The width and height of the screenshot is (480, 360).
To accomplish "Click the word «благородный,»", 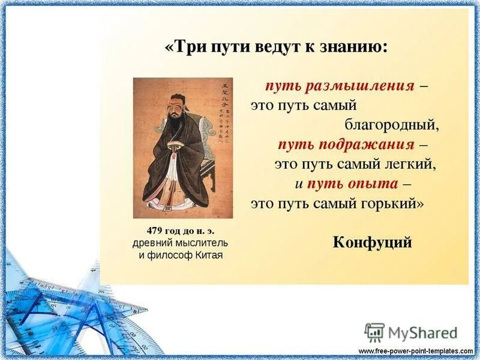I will [x=392, y=125].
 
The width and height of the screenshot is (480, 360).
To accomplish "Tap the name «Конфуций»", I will [x=372, y=242].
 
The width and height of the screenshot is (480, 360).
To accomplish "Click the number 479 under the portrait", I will [x=157, y=231].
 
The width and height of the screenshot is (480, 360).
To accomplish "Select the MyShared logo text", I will [x=422, y=333].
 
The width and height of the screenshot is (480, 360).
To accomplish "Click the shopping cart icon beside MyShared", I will [x=374, y=332].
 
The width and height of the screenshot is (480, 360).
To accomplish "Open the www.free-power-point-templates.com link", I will [x=416, y=350].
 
